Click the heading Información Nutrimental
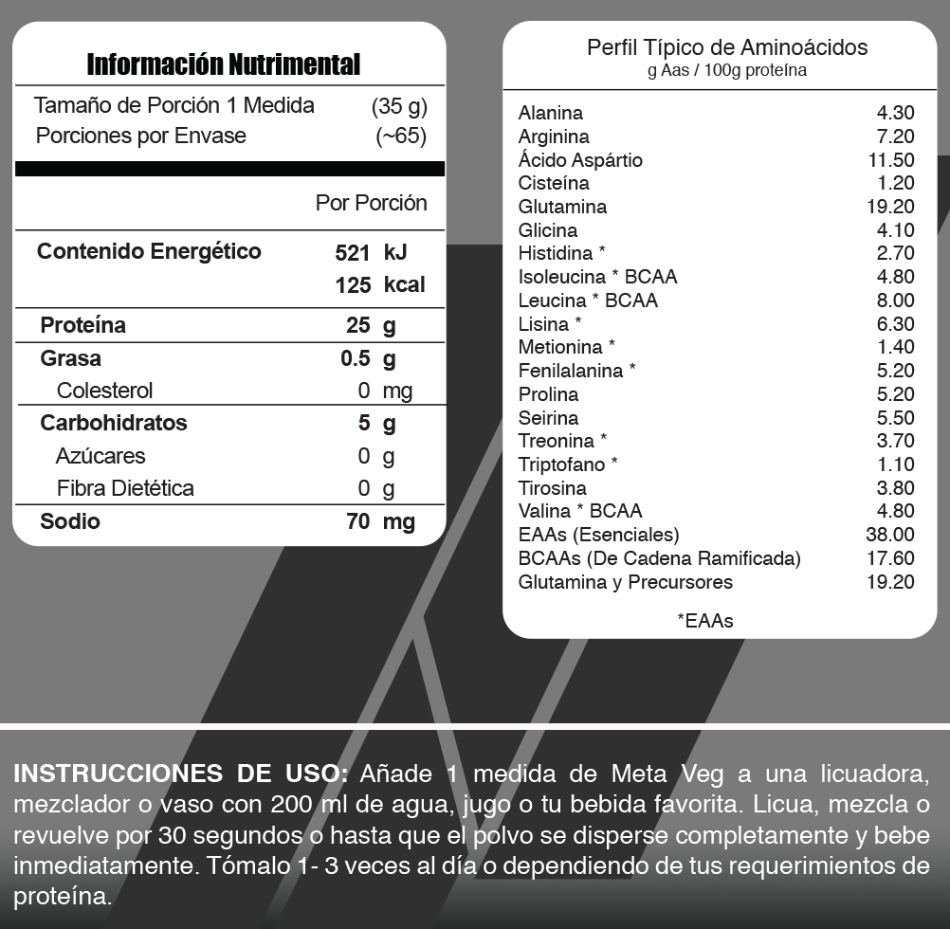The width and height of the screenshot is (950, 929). [224, 64]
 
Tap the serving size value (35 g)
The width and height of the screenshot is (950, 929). [399, 105]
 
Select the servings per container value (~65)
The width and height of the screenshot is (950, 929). [401, 136]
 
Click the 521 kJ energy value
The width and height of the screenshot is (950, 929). [372, 253]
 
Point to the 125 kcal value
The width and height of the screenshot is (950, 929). [379, 285]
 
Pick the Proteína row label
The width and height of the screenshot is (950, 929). [82, 325]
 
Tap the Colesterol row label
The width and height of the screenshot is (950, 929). [104, 391]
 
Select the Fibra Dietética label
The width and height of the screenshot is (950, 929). [125, 488]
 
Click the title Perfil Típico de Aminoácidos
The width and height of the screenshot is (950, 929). [727, 47]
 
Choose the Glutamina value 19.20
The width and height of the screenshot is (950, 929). [889, 207]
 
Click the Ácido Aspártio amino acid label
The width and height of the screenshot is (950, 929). [580, 160]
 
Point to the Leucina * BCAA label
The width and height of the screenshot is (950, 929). [588, 301]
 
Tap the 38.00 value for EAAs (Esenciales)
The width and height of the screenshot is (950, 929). [889, 535]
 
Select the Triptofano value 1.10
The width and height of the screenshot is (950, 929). [895, 464]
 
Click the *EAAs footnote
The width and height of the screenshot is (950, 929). [704, 621]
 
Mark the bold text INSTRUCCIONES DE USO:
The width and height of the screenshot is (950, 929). [180, 774]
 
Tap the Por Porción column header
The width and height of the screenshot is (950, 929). [371, 203]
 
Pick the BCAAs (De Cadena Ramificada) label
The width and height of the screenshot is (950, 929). [659, 558]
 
